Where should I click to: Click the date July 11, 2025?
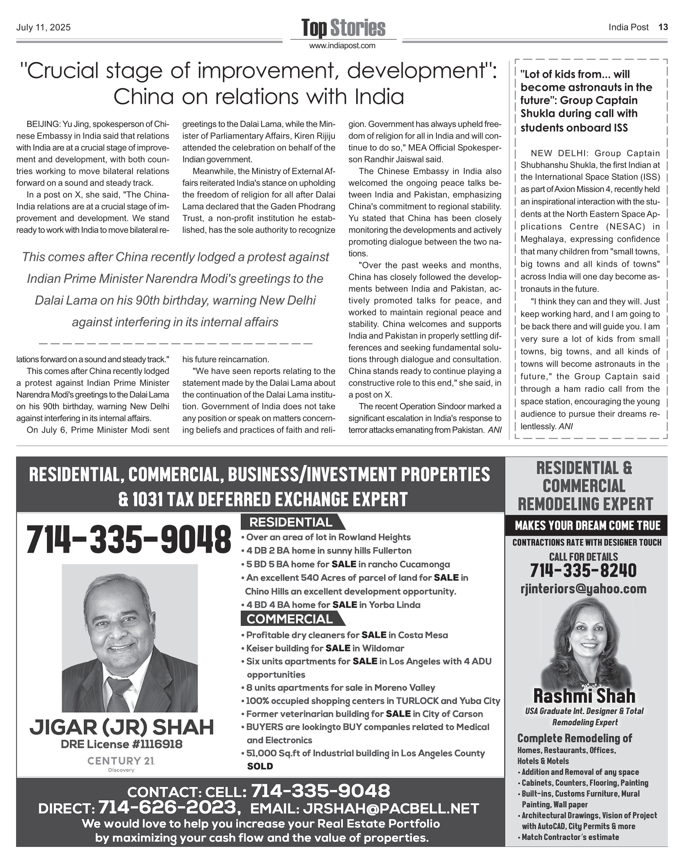43,28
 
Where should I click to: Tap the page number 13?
663,27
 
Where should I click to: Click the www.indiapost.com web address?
342,46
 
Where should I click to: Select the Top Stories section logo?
343,28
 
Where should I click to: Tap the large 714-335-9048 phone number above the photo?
129,540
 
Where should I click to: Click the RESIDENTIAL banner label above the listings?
291,522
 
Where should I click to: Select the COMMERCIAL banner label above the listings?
290,618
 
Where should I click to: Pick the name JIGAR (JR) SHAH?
122,727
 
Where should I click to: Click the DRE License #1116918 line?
122,744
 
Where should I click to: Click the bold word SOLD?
260,766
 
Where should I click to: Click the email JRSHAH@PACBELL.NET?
391,808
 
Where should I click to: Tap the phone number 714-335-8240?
583,570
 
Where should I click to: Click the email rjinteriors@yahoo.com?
583,589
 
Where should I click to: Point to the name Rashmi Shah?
584,696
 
